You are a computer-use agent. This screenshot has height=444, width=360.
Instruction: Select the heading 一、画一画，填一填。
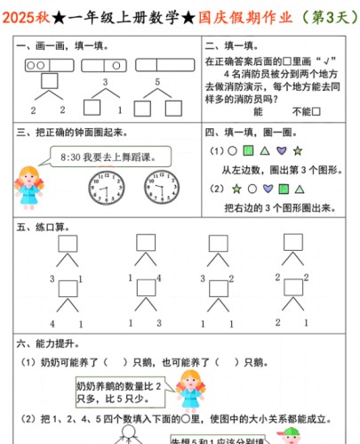point(61,45)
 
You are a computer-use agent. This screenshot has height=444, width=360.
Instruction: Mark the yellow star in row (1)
point(299,151)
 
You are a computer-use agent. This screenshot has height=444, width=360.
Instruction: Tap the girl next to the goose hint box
point(187,392)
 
